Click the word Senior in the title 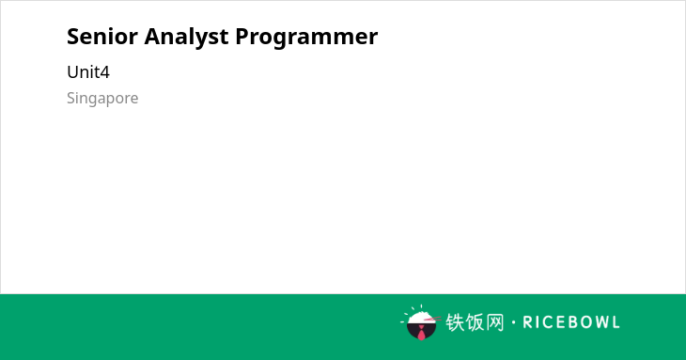102,37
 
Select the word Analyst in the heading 186,38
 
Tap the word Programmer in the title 306,38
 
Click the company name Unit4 88,72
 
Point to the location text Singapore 102,99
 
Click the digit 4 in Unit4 104,72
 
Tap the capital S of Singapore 71,98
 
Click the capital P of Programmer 242,37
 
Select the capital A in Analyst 152,37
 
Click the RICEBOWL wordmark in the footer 571,322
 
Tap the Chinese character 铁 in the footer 455,322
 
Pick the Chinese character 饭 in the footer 475,322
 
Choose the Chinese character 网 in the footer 495,322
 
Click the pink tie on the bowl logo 421,333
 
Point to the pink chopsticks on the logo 432,320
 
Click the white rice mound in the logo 420,317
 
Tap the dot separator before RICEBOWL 514,322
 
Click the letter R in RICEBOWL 527,322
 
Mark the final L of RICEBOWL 616,322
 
